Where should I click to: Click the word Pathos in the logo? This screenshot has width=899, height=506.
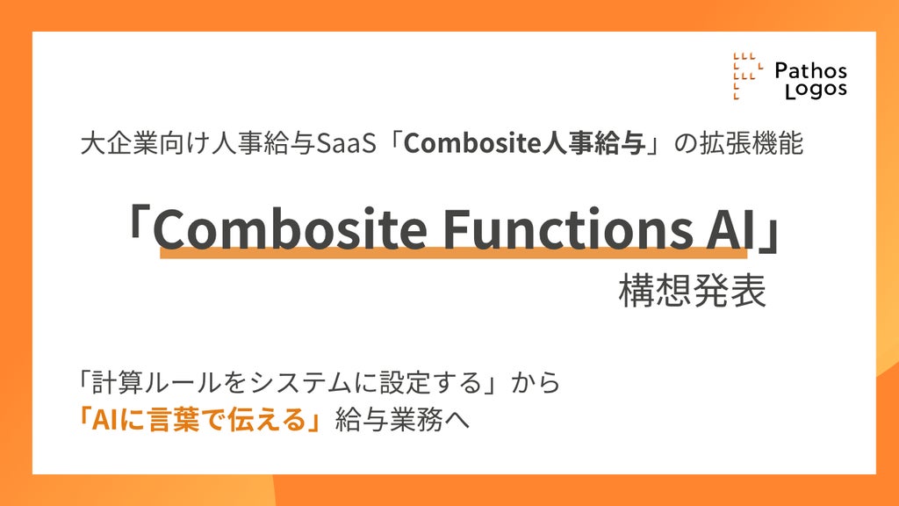pos(810,70)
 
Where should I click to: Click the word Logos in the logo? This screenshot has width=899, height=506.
pos(816,90)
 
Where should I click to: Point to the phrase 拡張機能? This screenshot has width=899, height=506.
pos(752,143)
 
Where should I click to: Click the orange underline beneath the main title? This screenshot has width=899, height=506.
pos(454,252)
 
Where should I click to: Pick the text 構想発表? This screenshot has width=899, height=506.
pos(693,291)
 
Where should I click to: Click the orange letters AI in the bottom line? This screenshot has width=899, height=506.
pos(104,421)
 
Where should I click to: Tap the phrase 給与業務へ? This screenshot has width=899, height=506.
pos(402,421)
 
